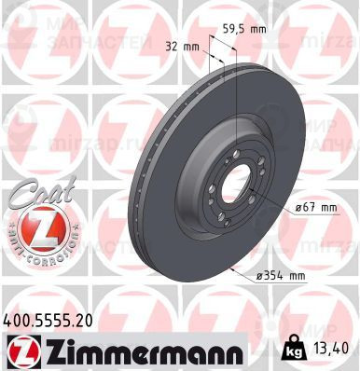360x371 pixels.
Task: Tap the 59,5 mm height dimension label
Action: tap(243, 29)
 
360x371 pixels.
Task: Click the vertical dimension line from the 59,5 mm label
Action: tap(238, 84)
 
